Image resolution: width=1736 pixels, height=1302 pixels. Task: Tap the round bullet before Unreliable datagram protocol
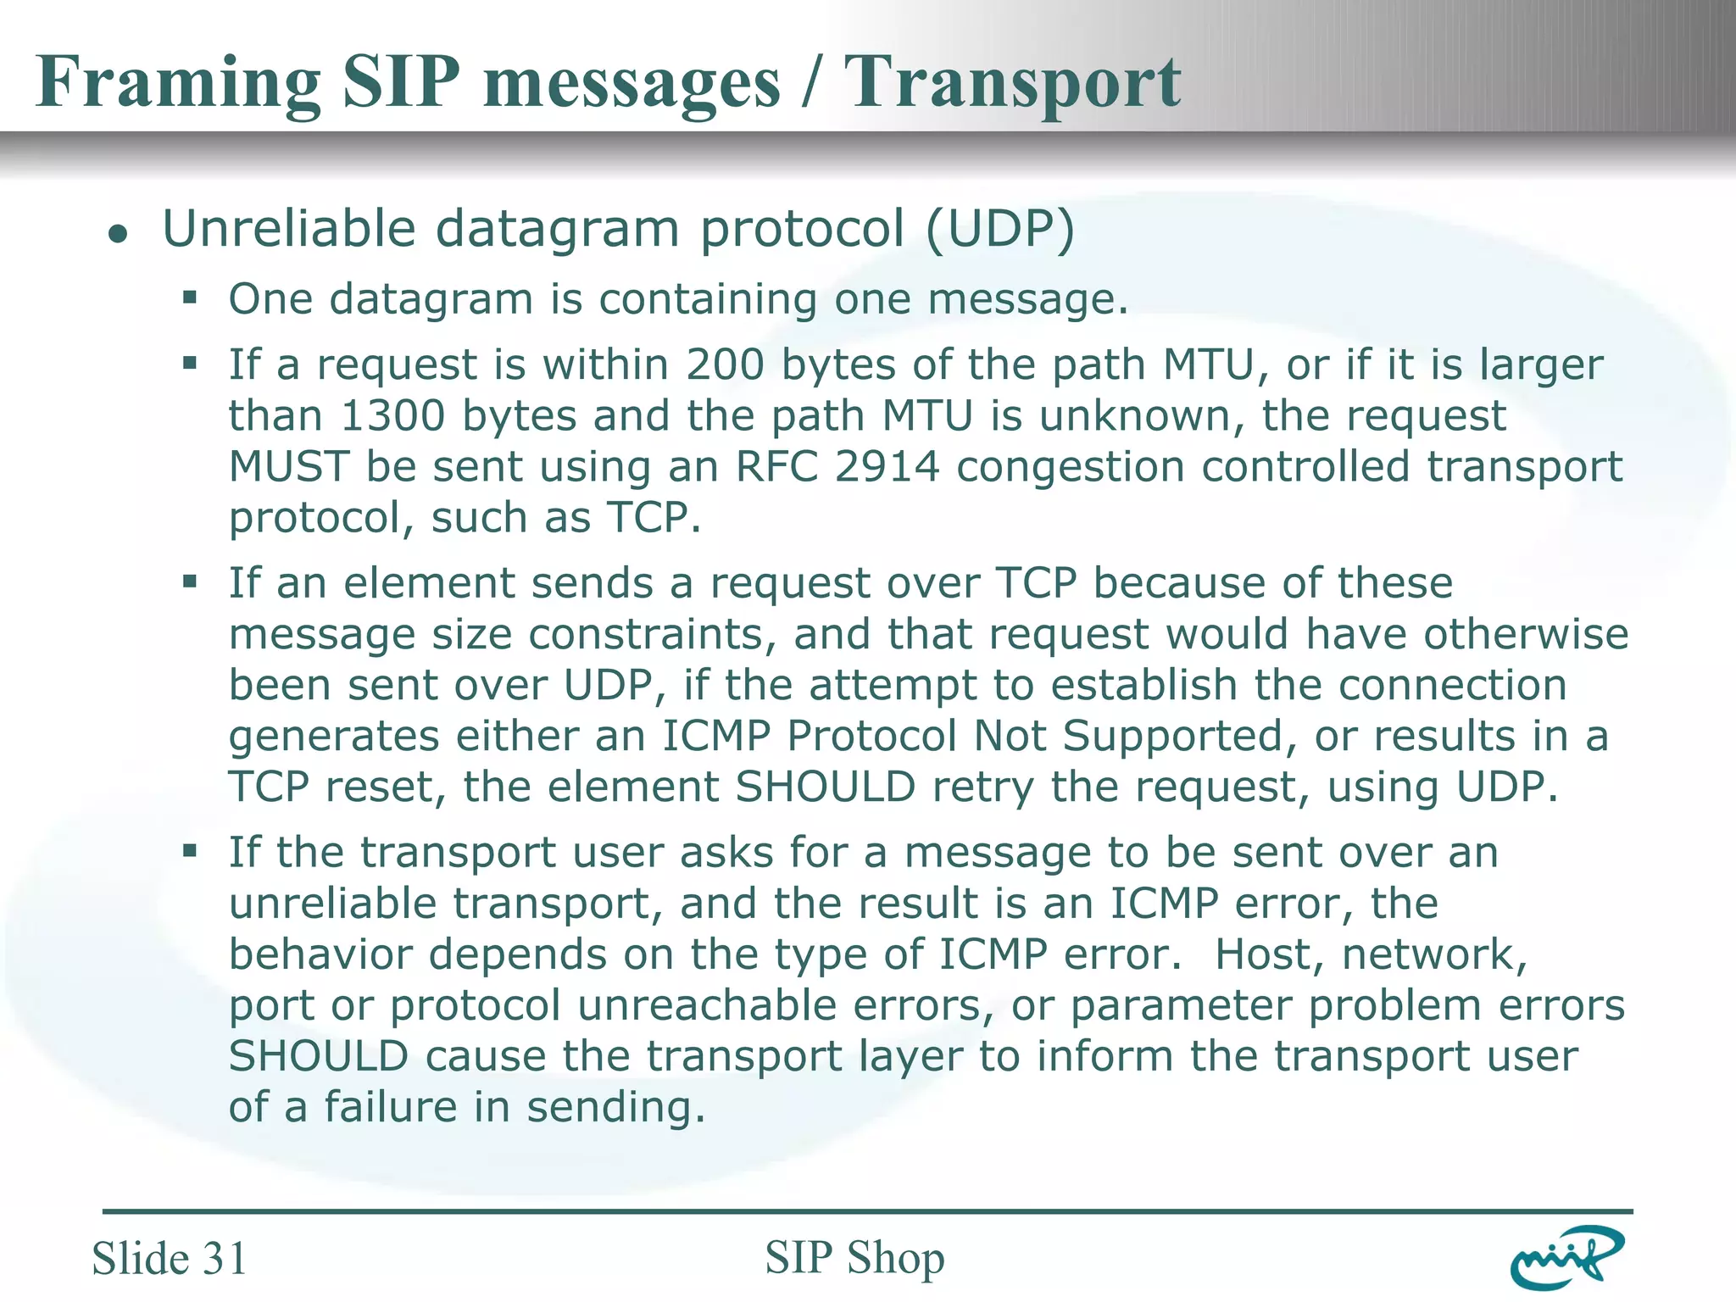coord(118,233)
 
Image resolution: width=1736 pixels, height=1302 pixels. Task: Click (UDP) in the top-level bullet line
coord(1000,229)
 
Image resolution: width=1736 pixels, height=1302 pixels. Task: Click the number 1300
coord(392,416)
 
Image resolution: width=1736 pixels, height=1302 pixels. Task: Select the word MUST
coord(289,467)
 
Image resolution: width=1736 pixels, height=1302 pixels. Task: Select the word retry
coord(983,787)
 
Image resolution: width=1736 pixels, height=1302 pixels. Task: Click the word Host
coord(1269,954)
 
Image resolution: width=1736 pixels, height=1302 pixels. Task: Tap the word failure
coord(391,1107)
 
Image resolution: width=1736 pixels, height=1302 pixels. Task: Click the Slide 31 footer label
coord(170,1258)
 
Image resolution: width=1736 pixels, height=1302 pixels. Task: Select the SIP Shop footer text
coord(854,1257)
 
